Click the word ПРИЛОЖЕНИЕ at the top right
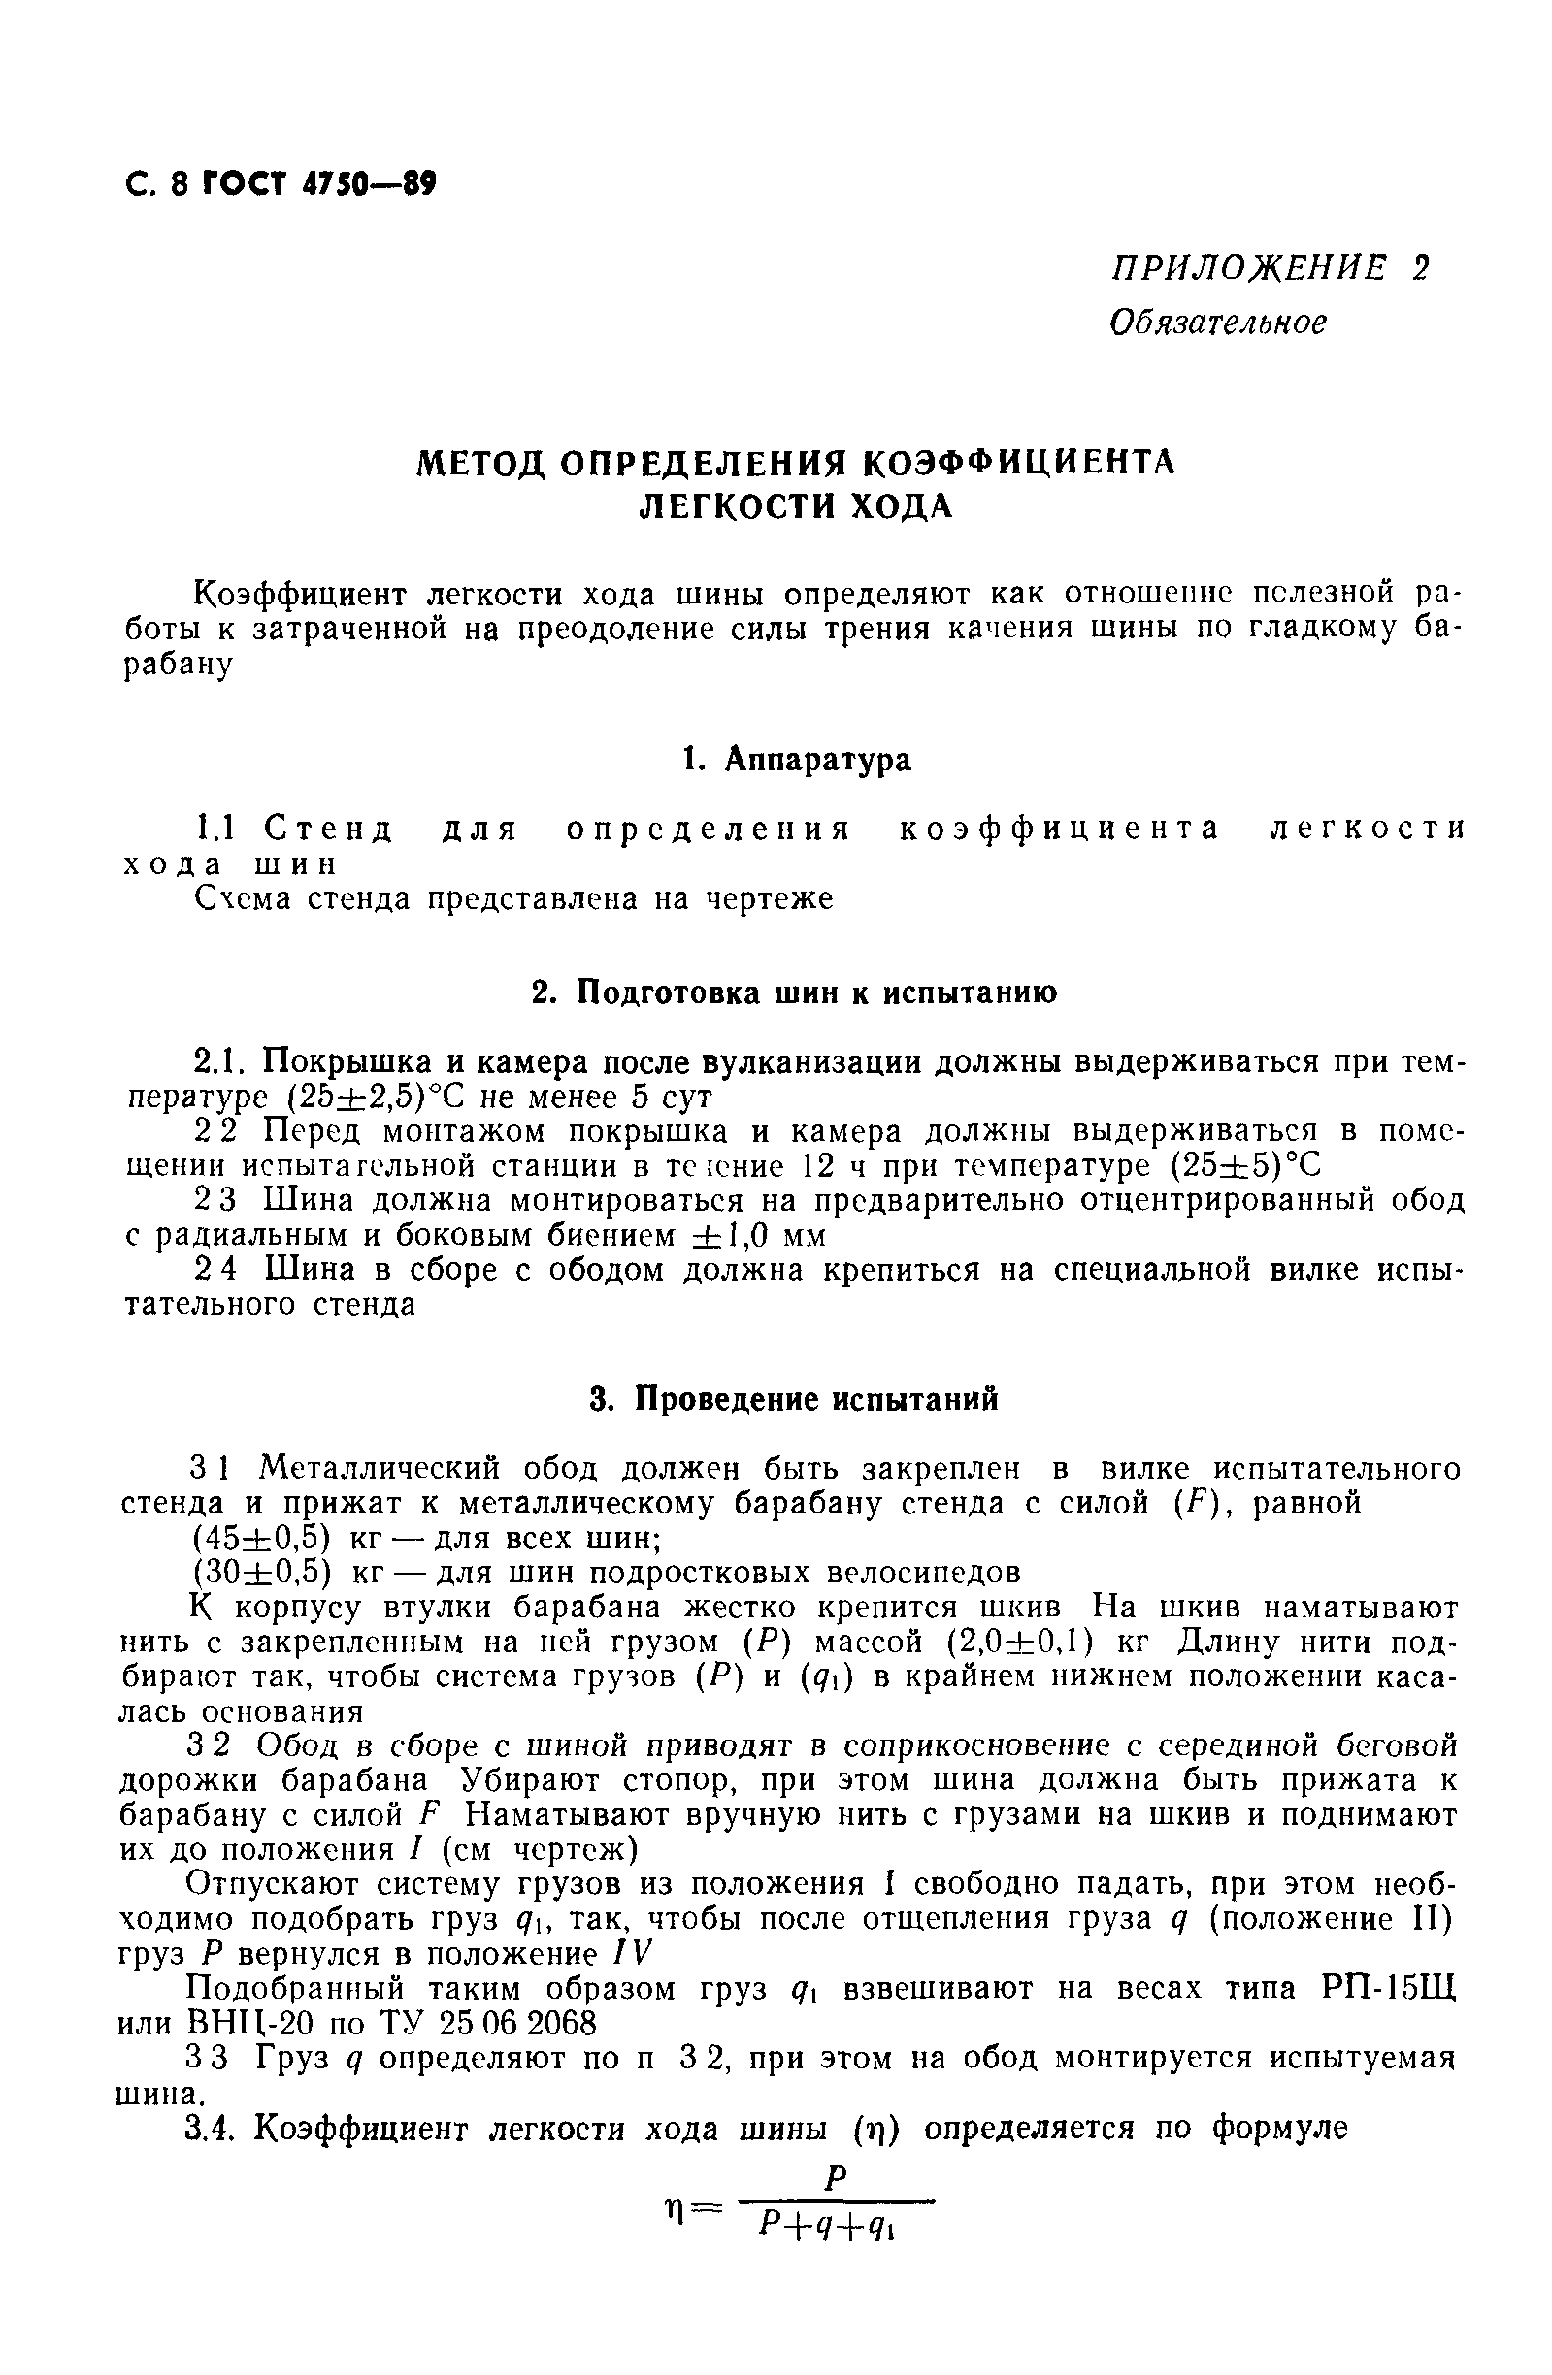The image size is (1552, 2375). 1247,269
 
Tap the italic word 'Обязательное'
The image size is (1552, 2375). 1218,321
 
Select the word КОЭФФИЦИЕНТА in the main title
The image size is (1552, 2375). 1018,463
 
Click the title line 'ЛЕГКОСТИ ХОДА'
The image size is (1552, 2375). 796,507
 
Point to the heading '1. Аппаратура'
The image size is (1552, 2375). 796,760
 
